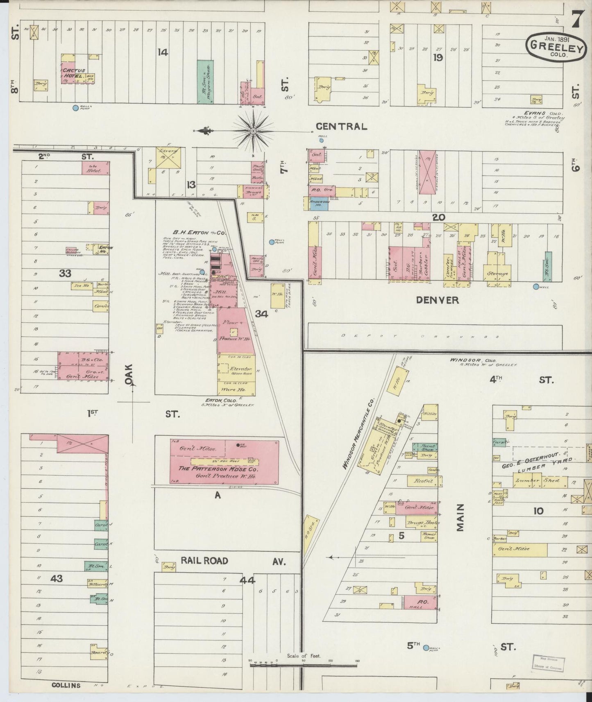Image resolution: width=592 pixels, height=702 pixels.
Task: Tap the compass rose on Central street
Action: click(253, 131)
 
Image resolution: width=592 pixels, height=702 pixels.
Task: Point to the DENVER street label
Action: click(437, 300)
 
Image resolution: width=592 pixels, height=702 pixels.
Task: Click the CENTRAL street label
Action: click(341, 127)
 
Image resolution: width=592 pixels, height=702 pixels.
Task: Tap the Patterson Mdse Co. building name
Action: click(224, 468)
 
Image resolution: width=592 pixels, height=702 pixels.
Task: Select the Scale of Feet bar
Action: click(303, 665)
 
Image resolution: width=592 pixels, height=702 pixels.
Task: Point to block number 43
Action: click(57, 578)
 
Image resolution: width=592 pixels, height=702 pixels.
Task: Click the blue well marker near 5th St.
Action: click(426, 648)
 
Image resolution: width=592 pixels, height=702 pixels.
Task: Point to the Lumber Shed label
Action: click(532, 481)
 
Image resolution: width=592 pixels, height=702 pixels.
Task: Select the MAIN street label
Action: click(460, 518)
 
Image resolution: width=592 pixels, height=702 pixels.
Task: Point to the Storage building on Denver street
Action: click(497, 273)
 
